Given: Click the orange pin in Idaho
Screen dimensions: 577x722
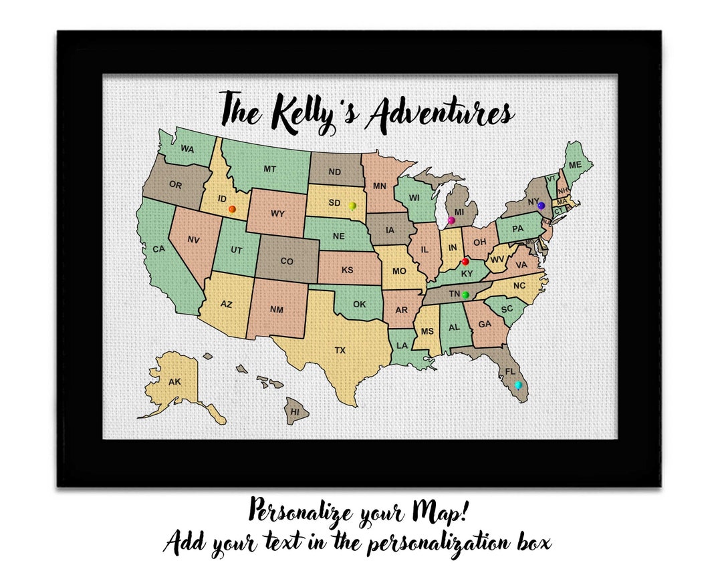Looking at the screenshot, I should [232, 209].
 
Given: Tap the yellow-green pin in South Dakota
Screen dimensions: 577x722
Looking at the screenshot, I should [352, 206].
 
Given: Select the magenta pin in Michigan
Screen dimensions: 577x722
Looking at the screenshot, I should [451, 220].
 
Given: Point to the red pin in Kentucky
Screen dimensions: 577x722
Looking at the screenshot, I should [465, 261].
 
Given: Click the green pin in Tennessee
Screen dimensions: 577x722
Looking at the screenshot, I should [465, 295].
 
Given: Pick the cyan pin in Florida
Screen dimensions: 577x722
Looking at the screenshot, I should [517, 385].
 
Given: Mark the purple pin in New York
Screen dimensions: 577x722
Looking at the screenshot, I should [541, 206].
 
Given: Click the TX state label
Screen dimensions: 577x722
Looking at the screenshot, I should [340, 349].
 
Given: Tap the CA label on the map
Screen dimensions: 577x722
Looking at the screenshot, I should [158, 249].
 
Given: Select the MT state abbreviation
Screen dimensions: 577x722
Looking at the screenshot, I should [269, 170].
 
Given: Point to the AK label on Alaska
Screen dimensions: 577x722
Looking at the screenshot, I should [174, 382].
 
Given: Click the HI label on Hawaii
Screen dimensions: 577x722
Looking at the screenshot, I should [295, 412].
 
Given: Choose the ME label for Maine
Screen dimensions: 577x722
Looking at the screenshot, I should [576, 165].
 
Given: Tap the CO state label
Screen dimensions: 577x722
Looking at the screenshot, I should [287, 261].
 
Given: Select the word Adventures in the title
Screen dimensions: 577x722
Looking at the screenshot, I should [439, 113].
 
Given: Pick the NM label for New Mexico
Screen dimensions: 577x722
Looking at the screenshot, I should [276, 309].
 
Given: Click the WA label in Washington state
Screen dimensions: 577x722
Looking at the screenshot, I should [187, 150].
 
